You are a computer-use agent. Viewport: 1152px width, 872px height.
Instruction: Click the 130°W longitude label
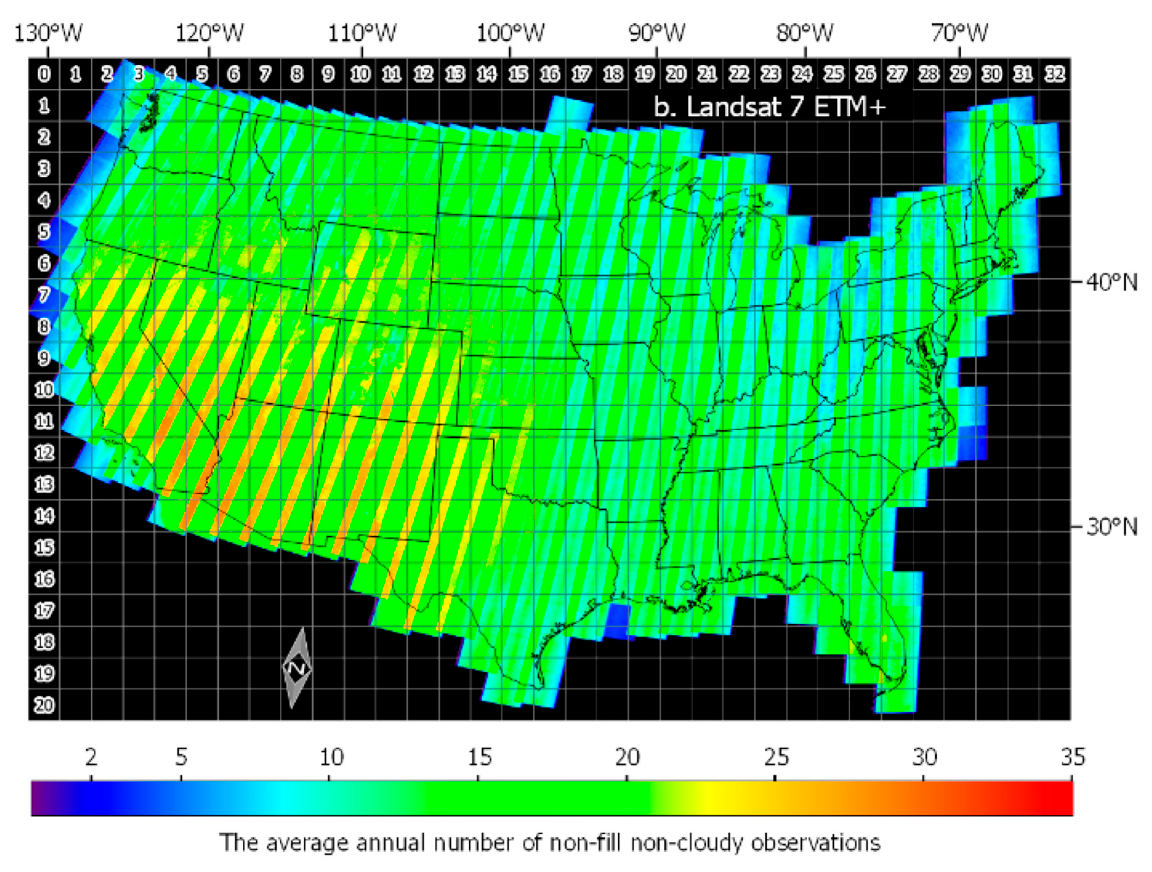[x=48, y=33]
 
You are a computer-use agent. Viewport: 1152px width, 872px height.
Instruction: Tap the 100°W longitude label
[x=510, y=33]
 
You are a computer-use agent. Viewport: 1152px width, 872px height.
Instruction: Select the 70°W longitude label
[x=959, y=33]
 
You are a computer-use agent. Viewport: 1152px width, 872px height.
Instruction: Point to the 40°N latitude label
[x=1111, y=282]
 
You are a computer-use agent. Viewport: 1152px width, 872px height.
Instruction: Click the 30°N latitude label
[x=1111, y=527]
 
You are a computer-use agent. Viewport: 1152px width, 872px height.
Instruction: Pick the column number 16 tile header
[x=549, y=74]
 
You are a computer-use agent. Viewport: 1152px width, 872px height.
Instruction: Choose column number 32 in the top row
[x=1055, y=74]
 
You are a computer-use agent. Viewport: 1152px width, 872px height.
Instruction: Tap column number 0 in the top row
[x=44, y=74]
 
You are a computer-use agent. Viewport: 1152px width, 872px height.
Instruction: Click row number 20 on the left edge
[x=44, y=705]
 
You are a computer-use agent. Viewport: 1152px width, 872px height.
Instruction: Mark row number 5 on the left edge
[x=44, y=231]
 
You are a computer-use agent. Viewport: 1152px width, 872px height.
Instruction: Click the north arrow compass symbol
[x=297, y=668]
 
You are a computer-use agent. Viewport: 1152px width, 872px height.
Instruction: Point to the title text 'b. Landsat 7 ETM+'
[x=769, y=107]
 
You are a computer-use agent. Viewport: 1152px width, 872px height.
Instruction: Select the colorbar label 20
[x=627, y=757]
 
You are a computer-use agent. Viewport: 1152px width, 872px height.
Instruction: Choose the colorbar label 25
[x=776, y=757]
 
